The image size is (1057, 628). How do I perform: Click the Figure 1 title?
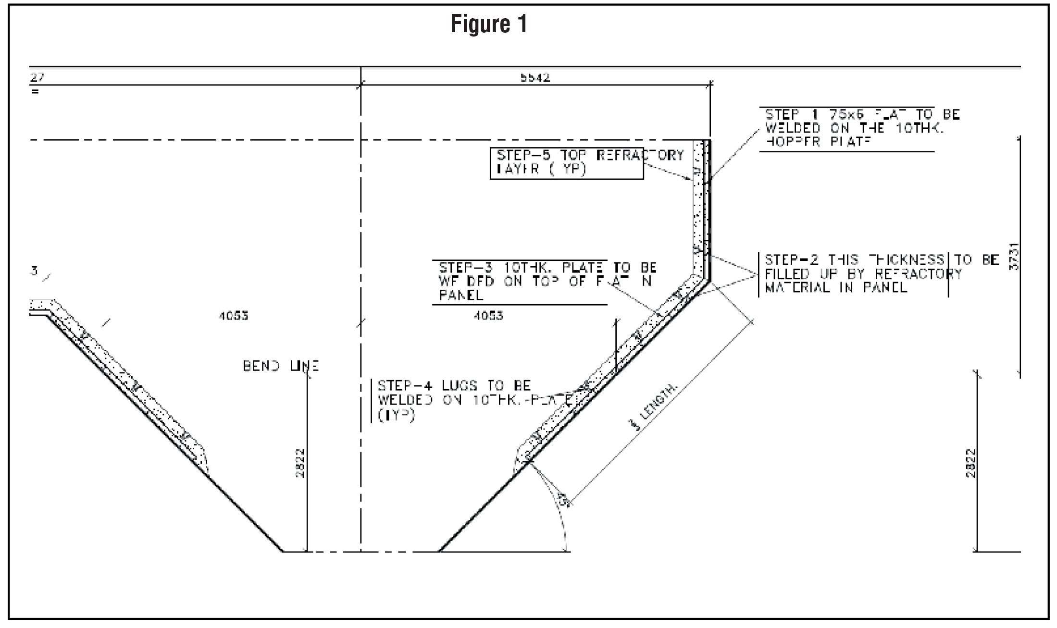(489, 24)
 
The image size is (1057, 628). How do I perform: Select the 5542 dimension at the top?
(535, 78)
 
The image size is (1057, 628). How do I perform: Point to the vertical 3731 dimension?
(1014, 257)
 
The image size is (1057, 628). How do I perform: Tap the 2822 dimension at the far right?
(971, 463)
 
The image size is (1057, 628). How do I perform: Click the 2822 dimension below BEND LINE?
(300, 463)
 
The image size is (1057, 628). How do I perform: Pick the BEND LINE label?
(281, 366)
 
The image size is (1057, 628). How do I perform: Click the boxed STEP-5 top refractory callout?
(566, 163)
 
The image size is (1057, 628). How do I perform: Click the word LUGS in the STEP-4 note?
(460, 386)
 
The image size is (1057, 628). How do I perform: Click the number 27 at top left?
(37, 77)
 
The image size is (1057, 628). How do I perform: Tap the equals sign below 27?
(35, 91)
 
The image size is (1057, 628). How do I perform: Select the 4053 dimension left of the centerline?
(234, 316)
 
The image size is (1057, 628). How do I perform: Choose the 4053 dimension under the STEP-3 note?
(488, 316)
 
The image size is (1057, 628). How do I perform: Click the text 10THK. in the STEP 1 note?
(920, 128)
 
